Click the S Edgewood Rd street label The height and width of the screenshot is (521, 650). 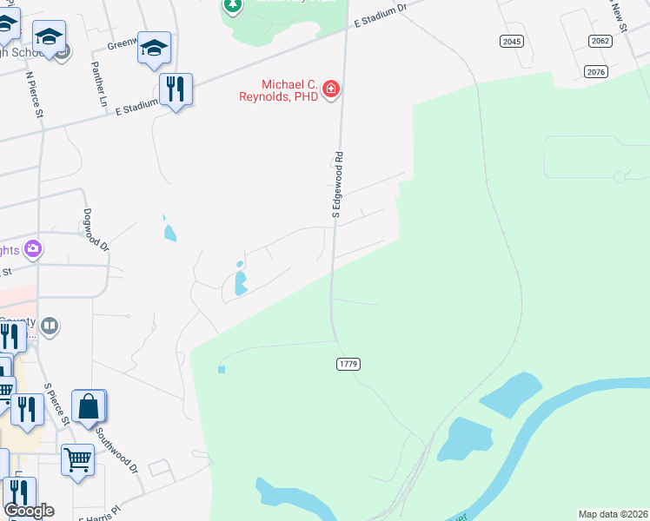[x=339, y=184]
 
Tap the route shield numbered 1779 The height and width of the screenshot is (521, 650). [x=348, y=364]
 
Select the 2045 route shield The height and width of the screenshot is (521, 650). [x=512, y=42]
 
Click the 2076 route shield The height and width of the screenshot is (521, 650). [x=595, y=71]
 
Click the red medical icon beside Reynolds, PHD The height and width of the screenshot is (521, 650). [x=331, y=89]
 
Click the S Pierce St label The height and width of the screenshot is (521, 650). [x=56, y=404]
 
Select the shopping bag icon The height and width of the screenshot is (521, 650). [x=89, y=406]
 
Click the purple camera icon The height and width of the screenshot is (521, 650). [x=33, y=250]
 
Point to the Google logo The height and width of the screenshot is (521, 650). [x=29, y=511]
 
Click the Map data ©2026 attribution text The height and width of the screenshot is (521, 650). [x=612, y=514]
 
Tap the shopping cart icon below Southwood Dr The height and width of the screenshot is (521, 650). [x=78, y=459]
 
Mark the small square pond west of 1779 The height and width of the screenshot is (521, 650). [x=222, y=370]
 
